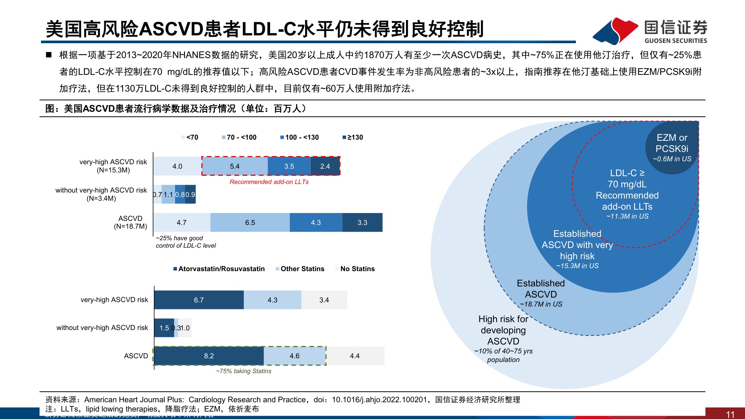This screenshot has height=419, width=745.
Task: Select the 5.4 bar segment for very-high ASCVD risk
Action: (x=235, y=166)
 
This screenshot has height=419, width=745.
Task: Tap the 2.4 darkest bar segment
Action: (x=325, y=166)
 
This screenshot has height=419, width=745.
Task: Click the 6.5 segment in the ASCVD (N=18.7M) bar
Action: (x=250, y=222)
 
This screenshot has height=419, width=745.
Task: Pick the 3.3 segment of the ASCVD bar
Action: (x=362, y=222)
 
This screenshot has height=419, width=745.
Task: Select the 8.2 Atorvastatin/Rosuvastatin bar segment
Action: (x=209, y=356)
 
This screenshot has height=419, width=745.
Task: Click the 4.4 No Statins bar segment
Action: (x=355, y=356)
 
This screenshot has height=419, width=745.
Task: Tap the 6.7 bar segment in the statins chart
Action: (x=199, y=300)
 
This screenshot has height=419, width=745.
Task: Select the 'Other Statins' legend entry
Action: (x=300, y=269)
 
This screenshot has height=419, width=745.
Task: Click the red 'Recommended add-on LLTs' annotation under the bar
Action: (x=269, y=182)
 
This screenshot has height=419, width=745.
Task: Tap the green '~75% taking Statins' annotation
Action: (x=244, y=371)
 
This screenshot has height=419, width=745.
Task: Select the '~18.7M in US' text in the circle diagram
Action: (x=541, y=304)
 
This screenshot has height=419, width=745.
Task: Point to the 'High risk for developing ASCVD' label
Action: (x=503, y=330)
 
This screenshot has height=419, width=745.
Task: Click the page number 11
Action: (x=730, y=414)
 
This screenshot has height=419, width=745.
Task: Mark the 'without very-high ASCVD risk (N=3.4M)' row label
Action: (x=101, y=194)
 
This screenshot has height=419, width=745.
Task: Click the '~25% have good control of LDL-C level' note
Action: (x=186, y=242)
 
